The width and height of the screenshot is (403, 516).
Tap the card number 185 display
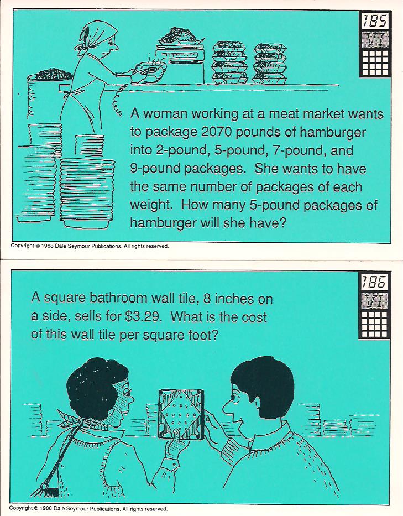tap(375, 22)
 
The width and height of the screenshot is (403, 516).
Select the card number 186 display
tap(374, 282)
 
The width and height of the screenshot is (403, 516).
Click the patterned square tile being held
tap(181, 414)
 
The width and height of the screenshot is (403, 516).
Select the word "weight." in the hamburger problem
tap(151, 205)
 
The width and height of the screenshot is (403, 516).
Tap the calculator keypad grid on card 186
tap(374, 324)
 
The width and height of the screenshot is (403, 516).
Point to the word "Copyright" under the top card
tap(22, 246)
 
